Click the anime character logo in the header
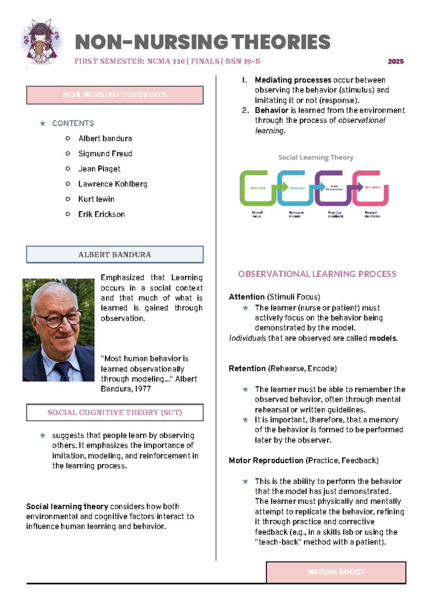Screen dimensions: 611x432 pos(41,43)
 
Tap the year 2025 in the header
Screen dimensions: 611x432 pos(396,62)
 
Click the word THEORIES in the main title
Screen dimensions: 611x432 pos(281,42)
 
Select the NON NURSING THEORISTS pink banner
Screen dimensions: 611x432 pos(114,95)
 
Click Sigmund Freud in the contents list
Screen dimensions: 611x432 pos(105,154)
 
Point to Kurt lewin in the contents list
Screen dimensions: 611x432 pos(96,199)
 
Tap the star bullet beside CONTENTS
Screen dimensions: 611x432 pos(43,124)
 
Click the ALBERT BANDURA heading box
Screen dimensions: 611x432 pos(114,255)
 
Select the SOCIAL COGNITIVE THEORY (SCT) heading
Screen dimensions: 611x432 pos(114,412)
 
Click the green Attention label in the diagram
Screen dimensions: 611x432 pos(258,188)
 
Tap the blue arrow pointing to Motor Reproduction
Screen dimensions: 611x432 pos(319,186)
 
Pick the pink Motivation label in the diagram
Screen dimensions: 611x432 pos(373,187)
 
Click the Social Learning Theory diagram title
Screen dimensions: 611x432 pos(316,157)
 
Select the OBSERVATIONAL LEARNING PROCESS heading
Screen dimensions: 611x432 pos(317,274)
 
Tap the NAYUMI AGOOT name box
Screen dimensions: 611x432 pos(336,572)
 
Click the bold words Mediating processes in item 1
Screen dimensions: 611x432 pos(293,80)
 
